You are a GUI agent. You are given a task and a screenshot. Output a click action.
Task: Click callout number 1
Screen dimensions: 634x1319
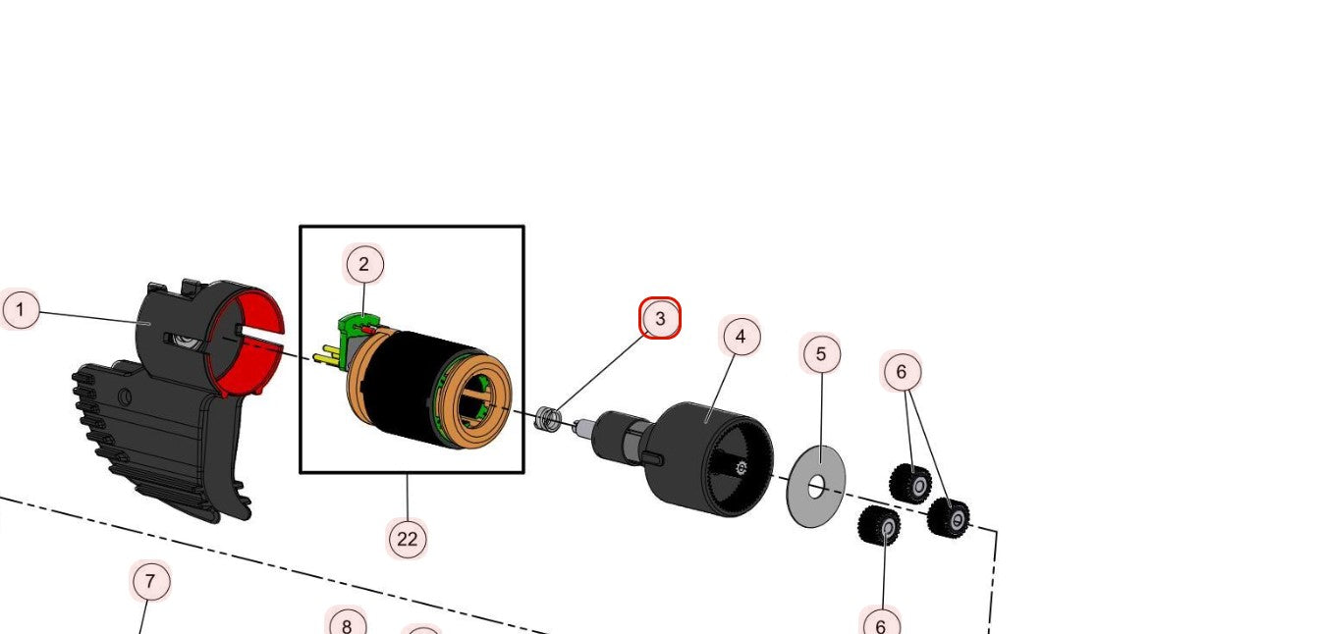[x=20, y=311]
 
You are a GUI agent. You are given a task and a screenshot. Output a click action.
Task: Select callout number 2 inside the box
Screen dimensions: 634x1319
[x=364, y=264]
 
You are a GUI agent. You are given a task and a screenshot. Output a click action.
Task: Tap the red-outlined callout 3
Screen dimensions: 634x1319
[x=660, y=319]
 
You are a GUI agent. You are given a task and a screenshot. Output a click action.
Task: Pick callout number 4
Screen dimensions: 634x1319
[x=741, y=337]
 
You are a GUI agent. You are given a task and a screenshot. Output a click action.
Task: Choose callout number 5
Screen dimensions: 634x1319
[x=821, y=353]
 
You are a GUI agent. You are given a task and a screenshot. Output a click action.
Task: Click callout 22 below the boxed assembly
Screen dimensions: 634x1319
[x=407, y=538]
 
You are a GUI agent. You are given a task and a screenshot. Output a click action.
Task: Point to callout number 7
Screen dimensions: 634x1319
[x=150, y=581]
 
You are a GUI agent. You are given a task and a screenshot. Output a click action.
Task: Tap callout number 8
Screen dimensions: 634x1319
[x=346, y=624]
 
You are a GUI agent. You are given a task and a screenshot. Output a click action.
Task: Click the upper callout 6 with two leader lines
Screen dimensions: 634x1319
[x=902, y=371]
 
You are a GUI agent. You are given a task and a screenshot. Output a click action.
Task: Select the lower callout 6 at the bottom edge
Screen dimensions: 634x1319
[x=880, y=624]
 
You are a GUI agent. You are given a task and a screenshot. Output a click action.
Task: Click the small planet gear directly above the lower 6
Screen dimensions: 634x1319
[x=880, y=528]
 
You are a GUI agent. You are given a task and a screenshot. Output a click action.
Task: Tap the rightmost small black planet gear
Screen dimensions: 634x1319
[x=949, y=517]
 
